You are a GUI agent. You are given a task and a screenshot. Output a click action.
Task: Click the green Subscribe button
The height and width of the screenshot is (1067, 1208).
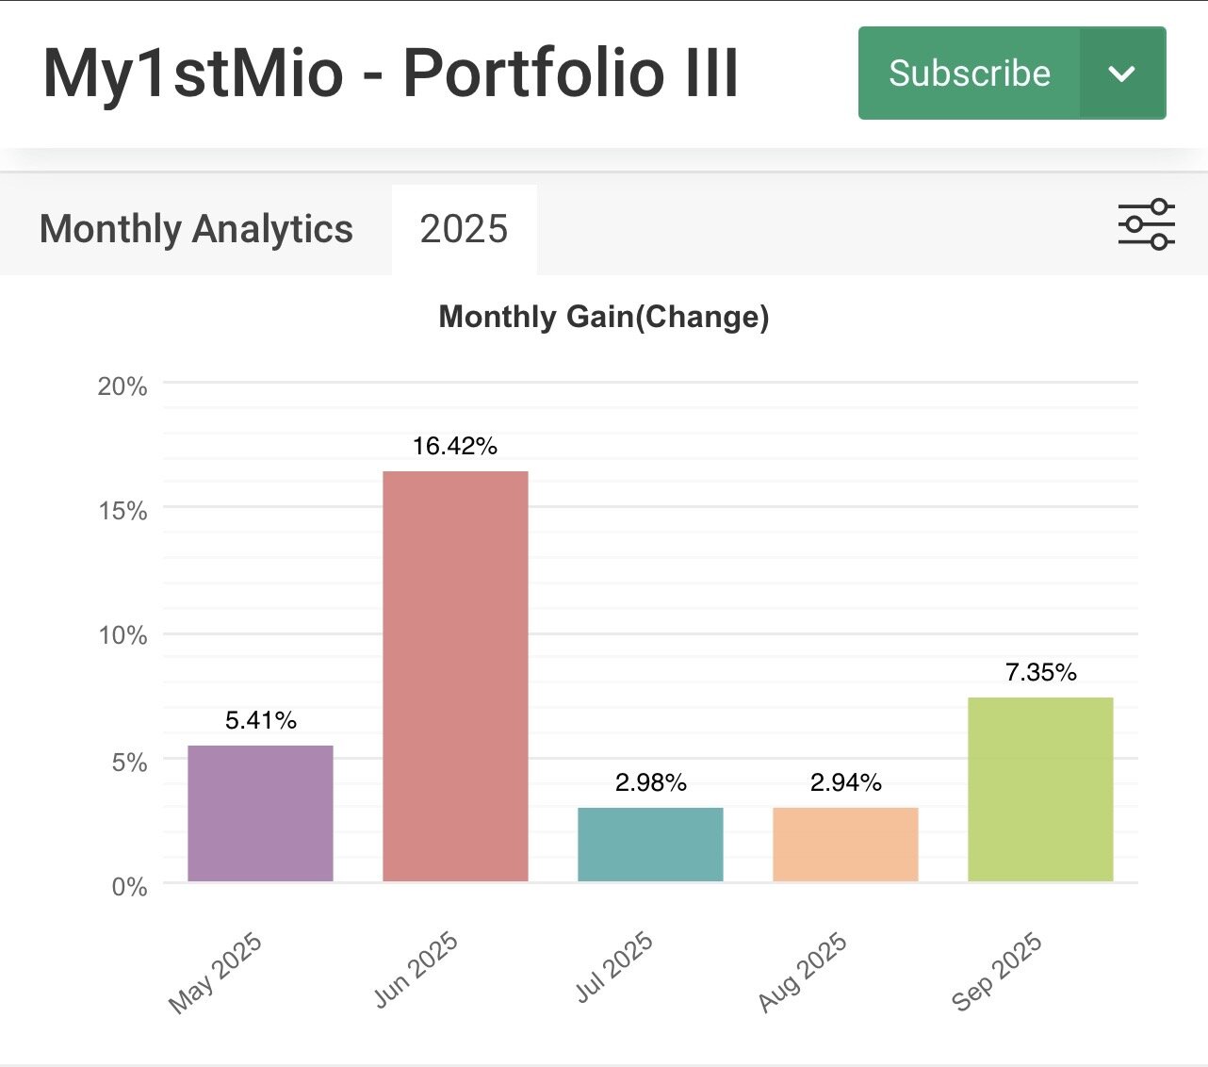969,74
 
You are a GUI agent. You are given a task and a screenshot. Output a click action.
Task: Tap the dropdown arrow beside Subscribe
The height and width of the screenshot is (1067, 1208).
1121,74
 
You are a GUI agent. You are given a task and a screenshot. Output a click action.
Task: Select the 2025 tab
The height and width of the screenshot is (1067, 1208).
464,229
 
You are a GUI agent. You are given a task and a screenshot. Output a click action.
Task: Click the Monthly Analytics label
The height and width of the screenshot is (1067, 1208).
196,229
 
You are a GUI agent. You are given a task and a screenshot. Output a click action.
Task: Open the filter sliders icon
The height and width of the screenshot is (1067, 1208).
1146,224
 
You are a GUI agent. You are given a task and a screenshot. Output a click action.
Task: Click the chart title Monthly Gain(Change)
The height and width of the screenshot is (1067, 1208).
604,317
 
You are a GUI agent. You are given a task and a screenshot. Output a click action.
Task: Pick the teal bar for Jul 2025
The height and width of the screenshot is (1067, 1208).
650,845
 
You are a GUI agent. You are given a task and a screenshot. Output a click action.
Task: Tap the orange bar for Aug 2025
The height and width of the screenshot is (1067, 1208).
845,845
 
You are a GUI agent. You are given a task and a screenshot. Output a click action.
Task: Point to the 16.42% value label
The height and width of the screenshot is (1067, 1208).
455,446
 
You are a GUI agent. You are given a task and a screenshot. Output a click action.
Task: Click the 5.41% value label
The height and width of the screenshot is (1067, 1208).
260,721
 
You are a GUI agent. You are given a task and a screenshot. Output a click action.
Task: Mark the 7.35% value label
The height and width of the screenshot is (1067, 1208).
1040,672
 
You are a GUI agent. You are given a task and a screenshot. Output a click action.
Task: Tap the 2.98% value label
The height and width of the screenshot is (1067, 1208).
650,782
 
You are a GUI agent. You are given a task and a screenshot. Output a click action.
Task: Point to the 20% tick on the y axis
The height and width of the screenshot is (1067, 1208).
122,386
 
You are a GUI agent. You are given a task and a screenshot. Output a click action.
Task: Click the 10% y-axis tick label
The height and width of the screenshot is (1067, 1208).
122,635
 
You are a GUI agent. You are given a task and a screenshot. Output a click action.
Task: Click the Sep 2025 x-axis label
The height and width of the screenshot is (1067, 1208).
997,971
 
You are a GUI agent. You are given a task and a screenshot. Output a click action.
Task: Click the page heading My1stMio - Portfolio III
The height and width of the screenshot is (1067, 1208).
390,74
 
